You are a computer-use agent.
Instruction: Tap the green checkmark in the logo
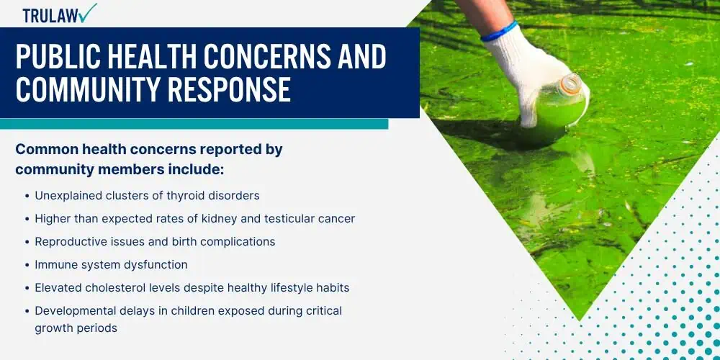point(87,12)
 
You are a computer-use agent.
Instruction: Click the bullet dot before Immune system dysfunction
point(27,266)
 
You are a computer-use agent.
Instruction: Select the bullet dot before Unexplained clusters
point(27,196)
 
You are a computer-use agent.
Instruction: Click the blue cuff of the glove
point(499,31)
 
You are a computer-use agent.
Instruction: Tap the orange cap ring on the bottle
point(571,85)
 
